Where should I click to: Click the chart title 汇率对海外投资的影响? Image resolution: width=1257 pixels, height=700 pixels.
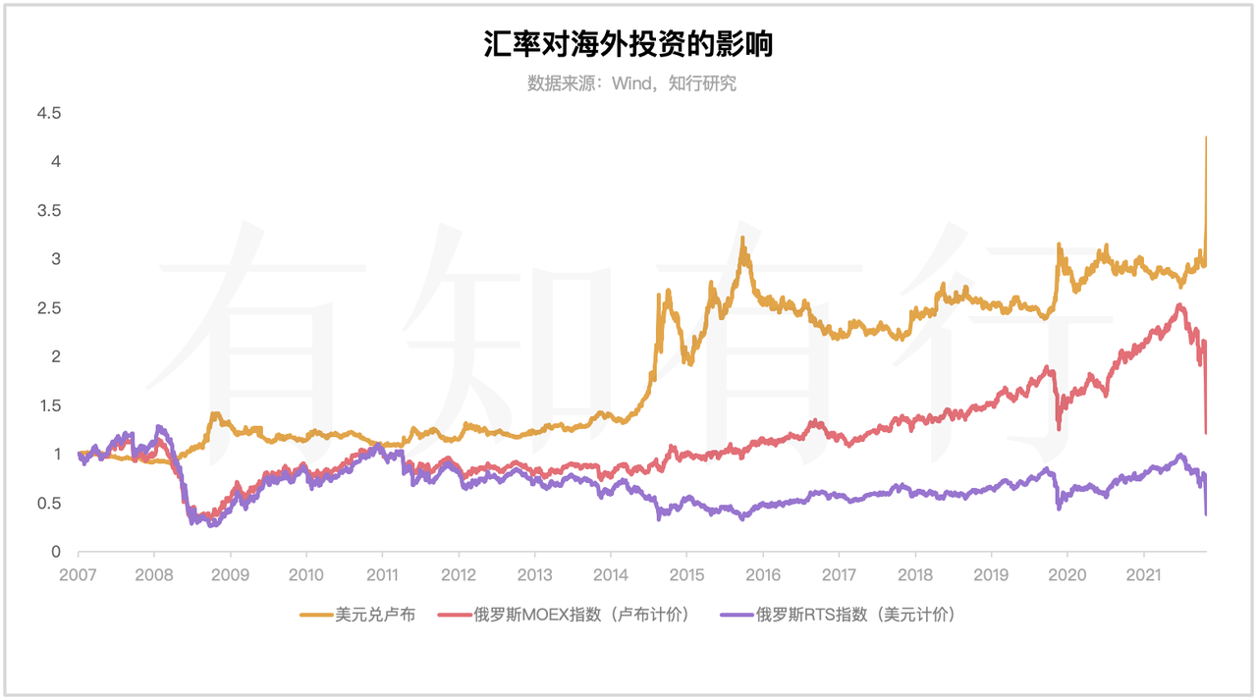(628, 44)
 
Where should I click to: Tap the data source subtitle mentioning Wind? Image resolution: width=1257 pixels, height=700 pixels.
(631, 83)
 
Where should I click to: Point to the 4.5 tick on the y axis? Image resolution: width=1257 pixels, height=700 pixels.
(49, 114)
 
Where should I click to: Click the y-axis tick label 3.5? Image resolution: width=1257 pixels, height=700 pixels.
(49, 211)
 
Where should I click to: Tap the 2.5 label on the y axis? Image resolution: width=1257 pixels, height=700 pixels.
(49, 308)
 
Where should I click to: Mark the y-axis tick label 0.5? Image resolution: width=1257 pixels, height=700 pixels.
(49, 504)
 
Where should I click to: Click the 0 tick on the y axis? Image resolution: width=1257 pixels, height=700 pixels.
(56, 552)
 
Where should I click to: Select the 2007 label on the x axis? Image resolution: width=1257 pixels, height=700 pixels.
(78, 573)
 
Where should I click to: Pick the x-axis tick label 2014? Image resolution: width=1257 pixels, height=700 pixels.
(611, 573)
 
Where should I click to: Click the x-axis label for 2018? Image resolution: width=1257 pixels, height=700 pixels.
(915, 573)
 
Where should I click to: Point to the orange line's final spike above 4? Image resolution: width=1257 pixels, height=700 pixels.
(1206, 139)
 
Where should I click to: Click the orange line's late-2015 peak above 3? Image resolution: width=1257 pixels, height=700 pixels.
(742, 239)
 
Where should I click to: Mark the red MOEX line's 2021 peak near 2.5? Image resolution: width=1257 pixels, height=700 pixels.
(1179, 306)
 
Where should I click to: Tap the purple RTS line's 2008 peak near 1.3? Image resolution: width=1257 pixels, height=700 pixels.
(159, 427)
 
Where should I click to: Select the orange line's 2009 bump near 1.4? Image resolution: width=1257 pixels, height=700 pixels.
(214, 414)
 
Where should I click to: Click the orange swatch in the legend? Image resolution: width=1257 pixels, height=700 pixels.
(314, 616)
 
